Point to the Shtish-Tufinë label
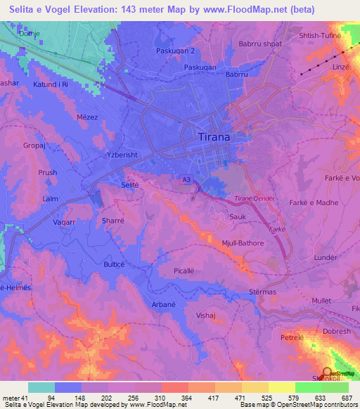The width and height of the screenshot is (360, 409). click(x=320, y=36)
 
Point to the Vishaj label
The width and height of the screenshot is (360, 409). click(x=205, y=316)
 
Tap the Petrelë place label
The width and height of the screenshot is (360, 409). click(x=291, y=337)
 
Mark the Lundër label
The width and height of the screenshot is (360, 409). click(x=326, y=258)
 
